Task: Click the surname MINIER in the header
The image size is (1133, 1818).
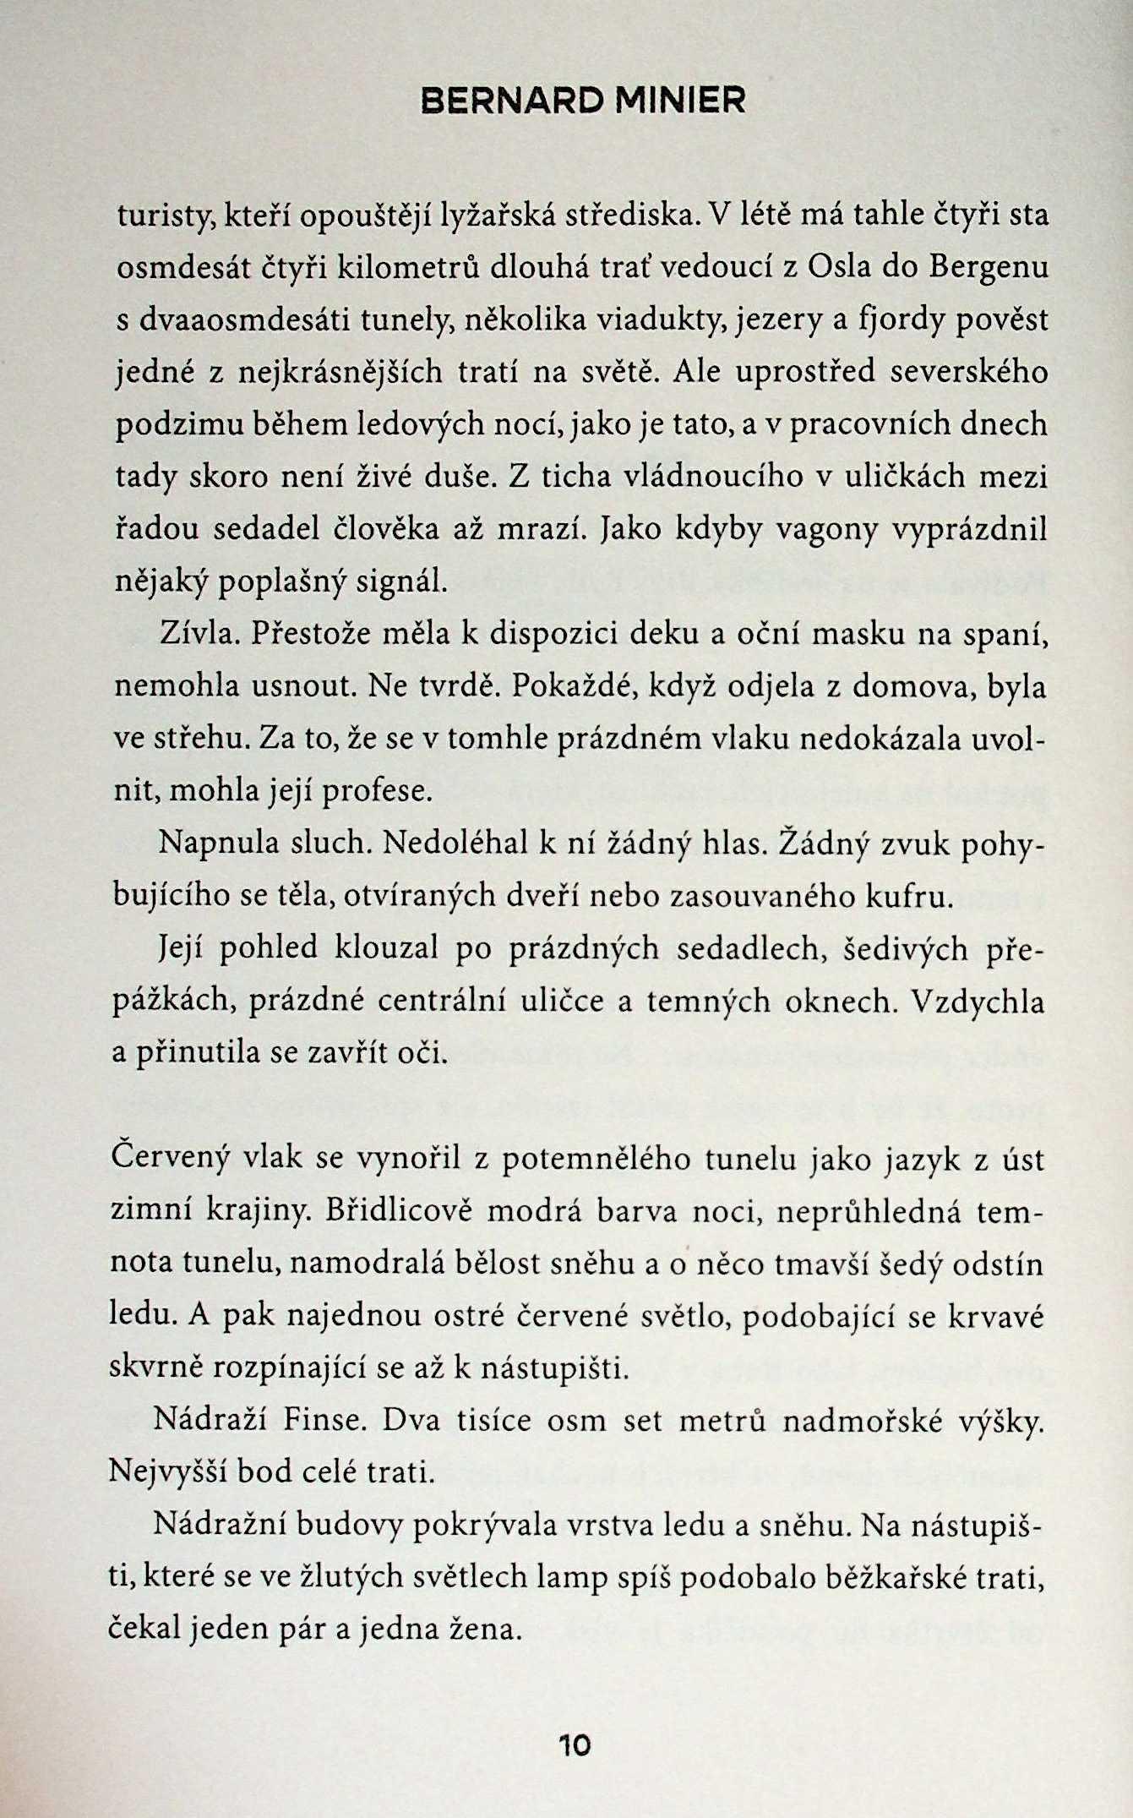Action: (680, 101)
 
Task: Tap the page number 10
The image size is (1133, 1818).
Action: (575, 1745)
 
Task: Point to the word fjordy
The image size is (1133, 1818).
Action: (896, 321)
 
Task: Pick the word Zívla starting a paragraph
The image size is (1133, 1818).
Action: (196, 633)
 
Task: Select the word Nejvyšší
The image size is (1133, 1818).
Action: (166, 1473)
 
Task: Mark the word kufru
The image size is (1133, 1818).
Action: (912, 896)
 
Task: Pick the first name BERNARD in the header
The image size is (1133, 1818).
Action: (511, 101)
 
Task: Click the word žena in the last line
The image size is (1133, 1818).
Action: (481, 1630)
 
